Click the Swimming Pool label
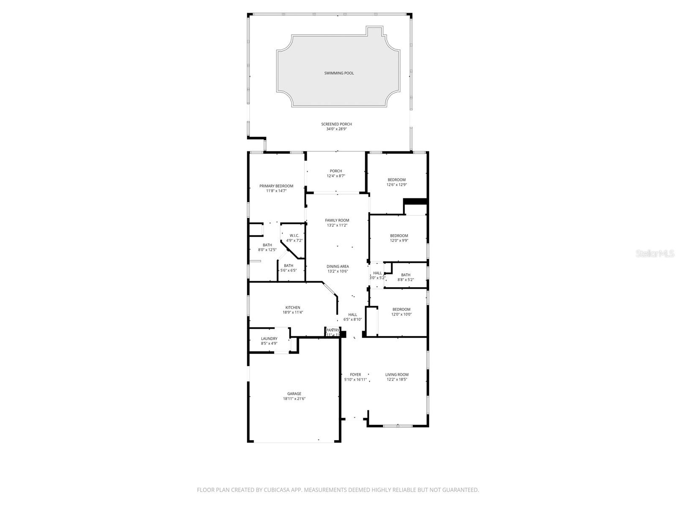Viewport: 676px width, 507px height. coord(339,73)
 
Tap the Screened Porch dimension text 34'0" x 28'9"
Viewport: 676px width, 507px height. coord(336,129)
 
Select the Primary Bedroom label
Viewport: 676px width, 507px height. coord(276,186)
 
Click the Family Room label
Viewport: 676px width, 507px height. coord(337,220)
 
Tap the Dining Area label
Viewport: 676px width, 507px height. coord(338,266)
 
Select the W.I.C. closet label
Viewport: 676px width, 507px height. coord(294,236)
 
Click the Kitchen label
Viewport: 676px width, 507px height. coord(293,307)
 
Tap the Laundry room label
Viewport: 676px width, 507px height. coord(269,339)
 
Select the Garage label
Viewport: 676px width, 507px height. coord(294,394)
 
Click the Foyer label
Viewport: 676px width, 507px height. coord(355,375)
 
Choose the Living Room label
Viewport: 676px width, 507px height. coord(397,375)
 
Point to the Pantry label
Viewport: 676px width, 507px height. coord(333,330)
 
